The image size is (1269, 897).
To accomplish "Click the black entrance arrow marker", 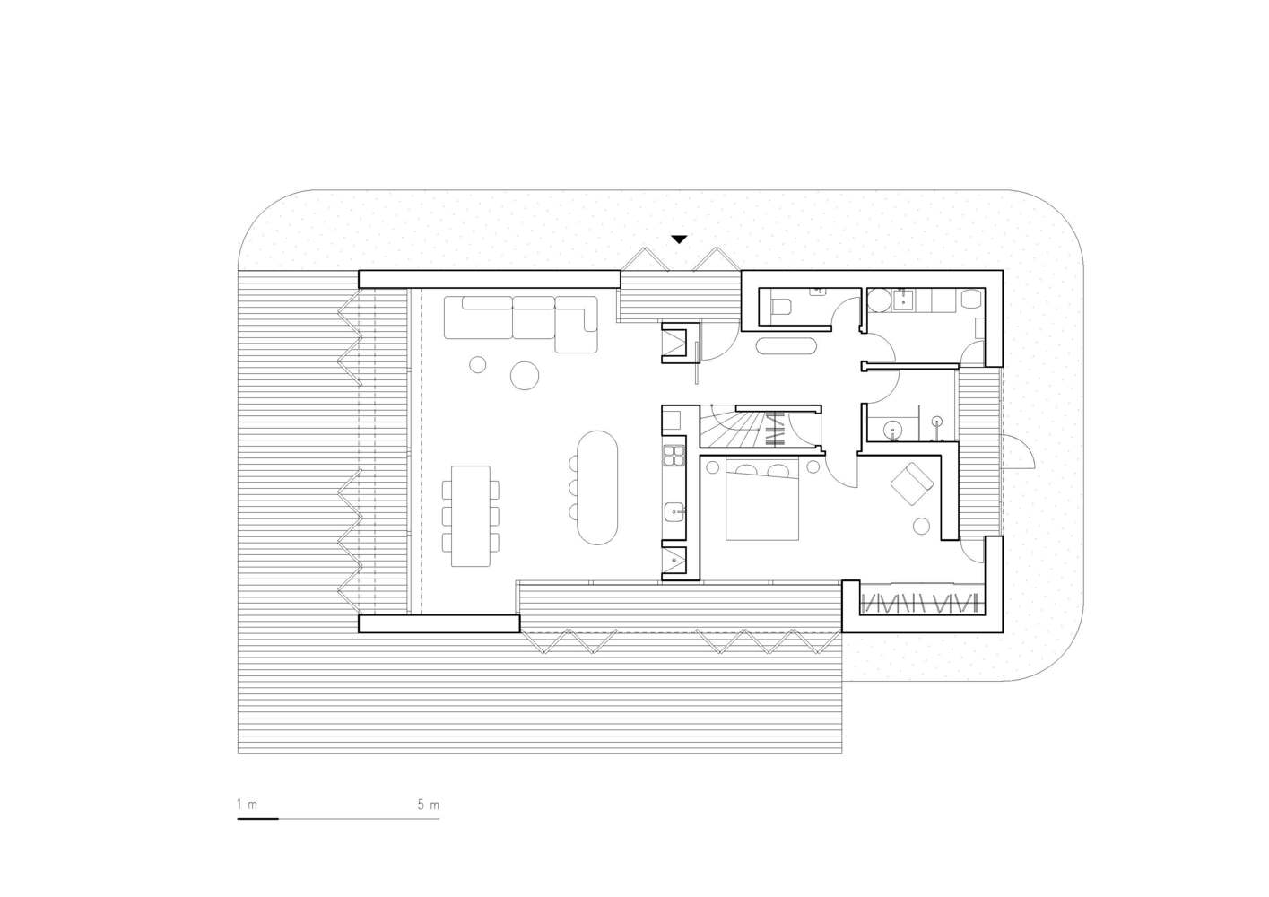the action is pos(679,239).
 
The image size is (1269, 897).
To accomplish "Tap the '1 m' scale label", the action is pos(247,805).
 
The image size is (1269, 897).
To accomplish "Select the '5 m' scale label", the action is pos(429,805).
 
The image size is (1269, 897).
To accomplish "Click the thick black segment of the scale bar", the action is pos(257,819).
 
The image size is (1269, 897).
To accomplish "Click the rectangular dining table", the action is pos(471,516).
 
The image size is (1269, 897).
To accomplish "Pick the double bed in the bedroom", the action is pos(762,499).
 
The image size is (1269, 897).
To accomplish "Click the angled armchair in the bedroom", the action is pos(912,483).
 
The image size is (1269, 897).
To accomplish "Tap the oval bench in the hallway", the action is pos(786,346).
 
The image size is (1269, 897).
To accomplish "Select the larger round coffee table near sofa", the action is pos(525,375).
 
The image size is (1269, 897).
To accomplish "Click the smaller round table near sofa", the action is pos(478,365).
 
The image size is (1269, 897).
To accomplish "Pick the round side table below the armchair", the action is pos(922,527).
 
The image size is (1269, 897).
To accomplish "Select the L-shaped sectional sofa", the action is pos(521,324).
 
